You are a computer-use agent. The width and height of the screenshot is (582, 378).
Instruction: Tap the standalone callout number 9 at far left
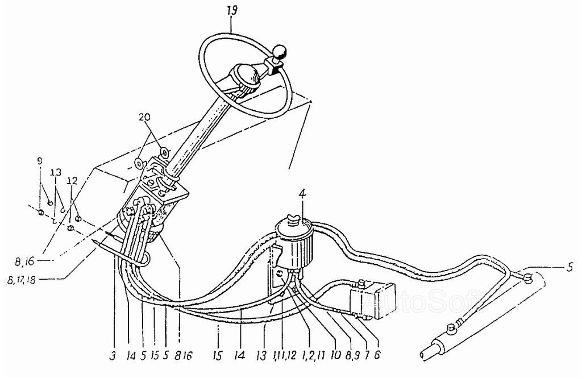click(x=40, y=161)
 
